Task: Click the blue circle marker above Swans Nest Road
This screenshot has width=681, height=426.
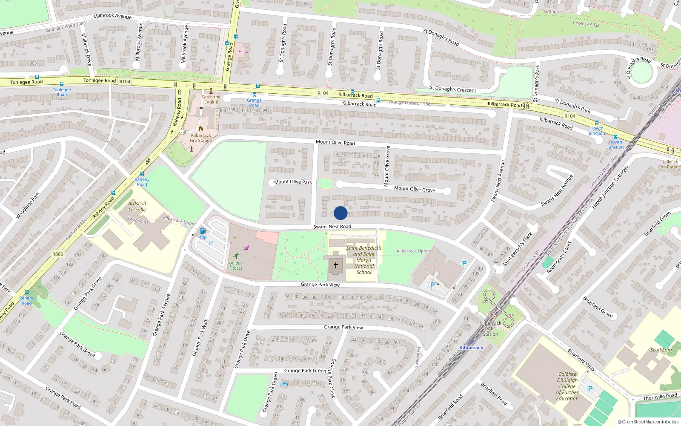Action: pyautogui.click(x=340, y=213)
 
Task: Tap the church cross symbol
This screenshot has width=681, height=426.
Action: pyautogui.click(x=336, y=266)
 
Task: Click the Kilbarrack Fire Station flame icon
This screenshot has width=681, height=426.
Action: pyautogui.click(x=200, y=128)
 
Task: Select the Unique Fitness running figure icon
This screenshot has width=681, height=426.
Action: pyautogui.click(x=236, y=256)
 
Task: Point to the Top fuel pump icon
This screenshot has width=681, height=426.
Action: pyautogui.click(x=203, y=231)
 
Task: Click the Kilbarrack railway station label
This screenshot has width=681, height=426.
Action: pyautogui.click(x=471, y=348)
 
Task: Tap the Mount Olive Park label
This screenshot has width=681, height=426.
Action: pyautogui.click(x=293, y=182)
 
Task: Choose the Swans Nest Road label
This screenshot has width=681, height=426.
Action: pyautogui.click(x=332, y=227)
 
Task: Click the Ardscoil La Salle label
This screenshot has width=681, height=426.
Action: pyautogui.click(x=137, y=207)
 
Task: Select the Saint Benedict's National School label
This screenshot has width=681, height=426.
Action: pyautogui.click(x=363, y=260)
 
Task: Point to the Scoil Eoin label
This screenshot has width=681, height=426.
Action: pyautogui.click(x=661, y=350)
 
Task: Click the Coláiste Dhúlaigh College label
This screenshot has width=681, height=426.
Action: pyautogui.click(x=567, y=386)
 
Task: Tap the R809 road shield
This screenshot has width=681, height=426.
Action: pyautogui.click(x=57, y=254)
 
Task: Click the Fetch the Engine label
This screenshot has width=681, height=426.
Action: pyautogui.click(x=211, y=99)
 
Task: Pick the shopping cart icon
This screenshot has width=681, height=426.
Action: pyautogui.click(x=246, y=248)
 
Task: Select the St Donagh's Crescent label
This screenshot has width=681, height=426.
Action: pyautogui.click(x=452, y=89)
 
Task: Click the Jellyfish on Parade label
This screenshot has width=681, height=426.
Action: pyautogui.click(x=670, y=164)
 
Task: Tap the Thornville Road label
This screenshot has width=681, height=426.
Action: pyautogui.click(x=660, y=397)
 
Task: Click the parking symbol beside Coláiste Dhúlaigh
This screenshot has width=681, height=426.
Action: pyautogui.click(x=590, y=389)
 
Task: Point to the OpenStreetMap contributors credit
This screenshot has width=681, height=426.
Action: pyautogui.click(x=648, y=422)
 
